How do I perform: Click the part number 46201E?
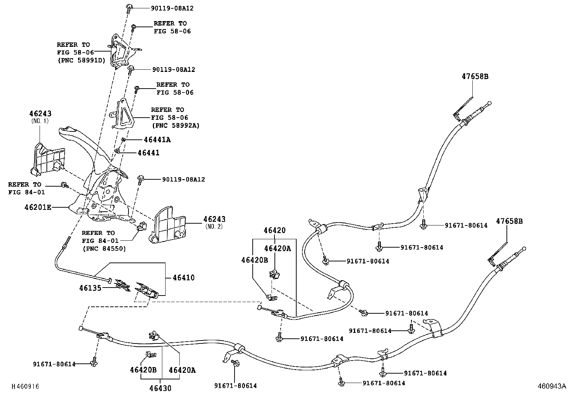[38, 208]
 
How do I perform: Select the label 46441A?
[157, 139]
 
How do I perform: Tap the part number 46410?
[183, 278]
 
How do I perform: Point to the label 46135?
[90, 288]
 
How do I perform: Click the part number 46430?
[160, 388]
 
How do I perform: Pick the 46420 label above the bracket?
[274, 231]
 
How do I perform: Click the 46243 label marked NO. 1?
[40, 114]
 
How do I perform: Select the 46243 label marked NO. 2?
[214, 219]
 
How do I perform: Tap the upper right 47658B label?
[475, 77]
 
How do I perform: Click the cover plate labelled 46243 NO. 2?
[168, 225]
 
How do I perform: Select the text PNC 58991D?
[81, 60]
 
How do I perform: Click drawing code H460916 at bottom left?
[25, 387]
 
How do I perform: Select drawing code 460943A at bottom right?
[551, 386]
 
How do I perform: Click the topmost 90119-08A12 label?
[172, 8]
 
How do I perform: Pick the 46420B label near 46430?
[143, 370]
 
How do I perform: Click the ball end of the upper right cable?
[489, 103]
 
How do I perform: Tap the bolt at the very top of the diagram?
[129, 7]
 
